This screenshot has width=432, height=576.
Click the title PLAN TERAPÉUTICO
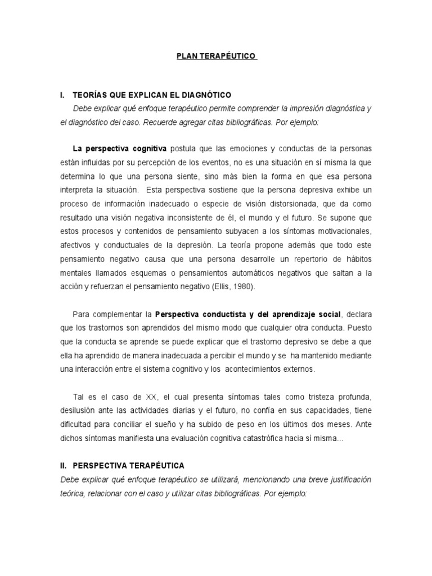[216, 56]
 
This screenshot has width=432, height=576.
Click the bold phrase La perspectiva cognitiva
[120, 148]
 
